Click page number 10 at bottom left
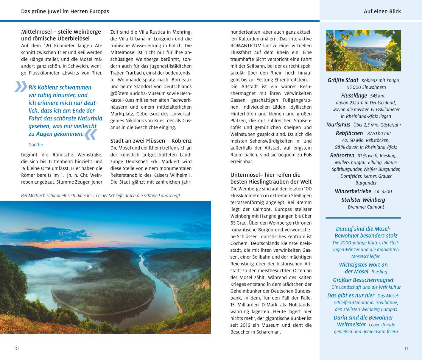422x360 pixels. click(x=16, y=348)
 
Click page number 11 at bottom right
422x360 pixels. click(x=406, y=348)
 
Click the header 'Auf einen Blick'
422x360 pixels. click(x=382, y=11)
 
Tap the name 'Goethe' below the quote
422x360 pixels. click(x=36, y=145)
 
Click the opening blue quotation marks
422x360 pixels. click(x=21, y=87)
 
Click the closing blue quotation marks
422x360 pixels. click(x=91, y=134)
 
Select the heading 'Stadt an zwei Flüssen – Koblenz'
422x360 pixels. click(x=151, y=141)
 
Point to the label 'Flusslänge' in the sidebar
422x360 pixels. click(x=354, y=96)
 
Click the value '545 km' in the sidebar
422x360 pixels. click(x=378, y=96)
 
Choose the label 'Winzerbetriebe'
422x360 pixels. click(x=353, y=191)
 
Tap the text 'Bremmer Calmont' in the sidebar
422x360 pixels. click(x=366, y=207)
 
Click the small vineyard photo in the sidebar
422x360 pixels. click(x=363, y=50)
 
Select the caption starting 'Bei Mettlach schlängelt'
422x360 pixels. click(x=101, y=195)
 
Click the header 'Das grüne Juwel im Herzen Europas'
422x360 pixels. click(x=65, y=11)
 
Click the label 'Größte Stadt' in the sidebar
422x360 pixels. click(x=343, y=80)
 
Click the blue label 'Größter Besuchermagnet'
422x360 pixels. click(x=363, y=280)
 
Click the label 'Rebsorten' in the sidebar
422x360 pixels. click(x=342, y=155)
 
